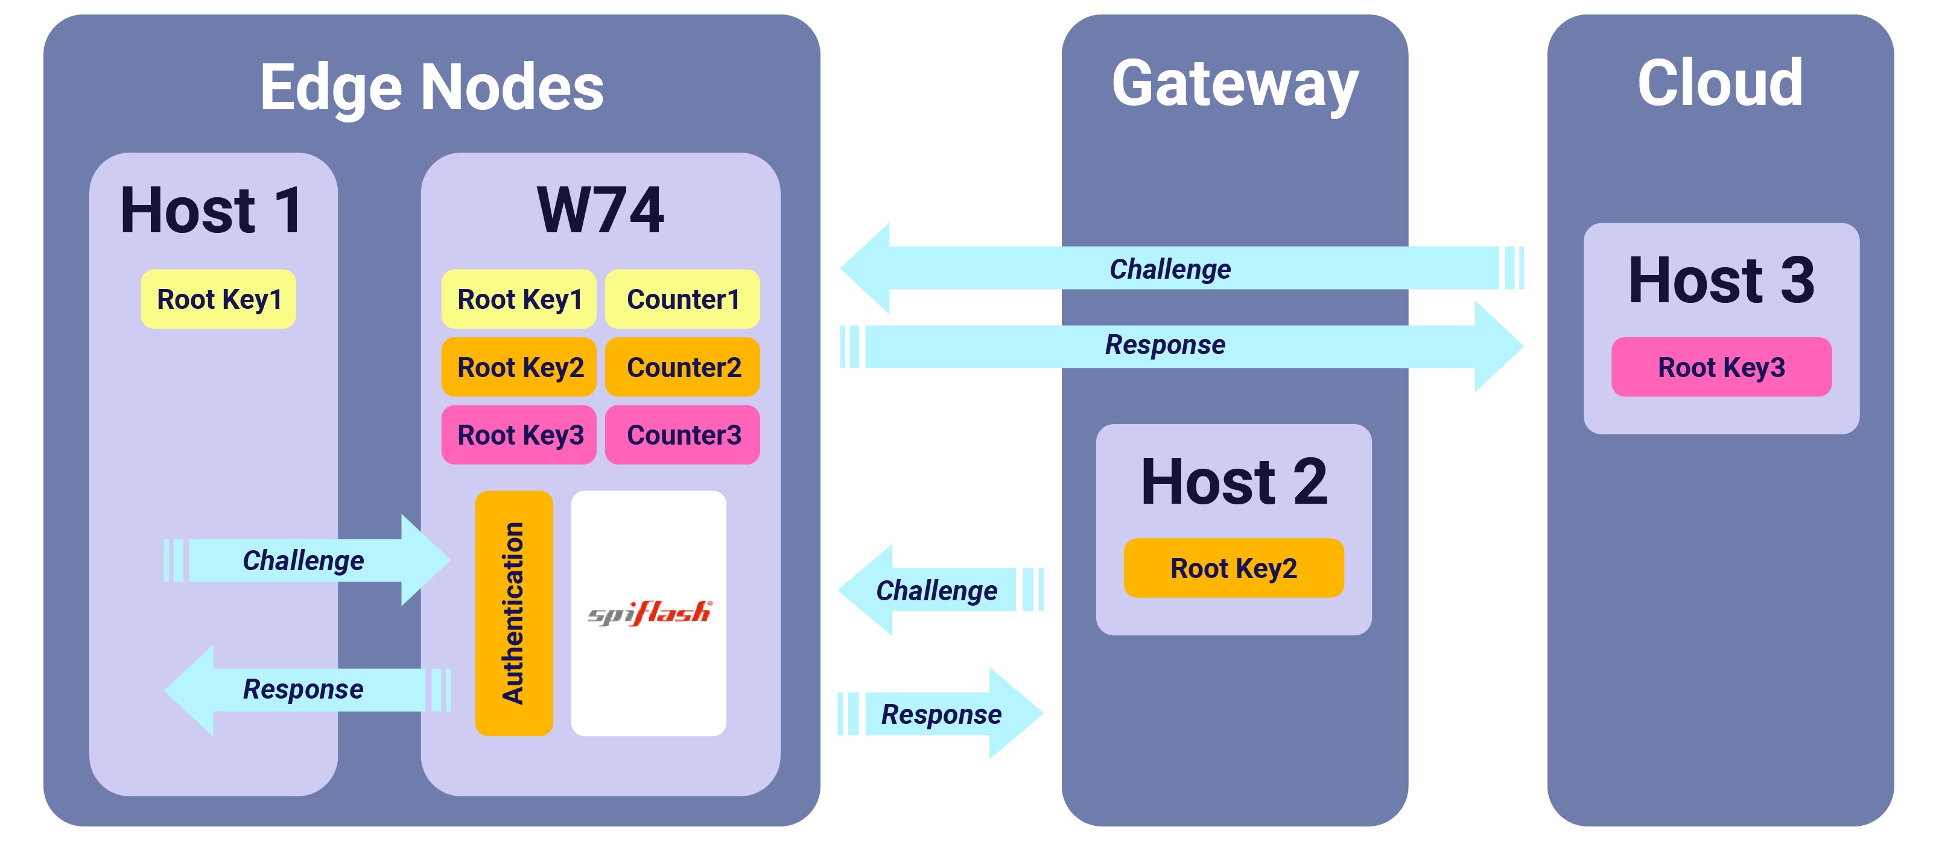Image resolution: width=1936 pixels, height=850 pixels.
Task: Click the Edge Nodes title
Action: tap(431, 87)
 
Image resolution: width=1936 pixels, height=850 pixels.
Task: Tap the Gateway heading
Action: tap(1235, 84)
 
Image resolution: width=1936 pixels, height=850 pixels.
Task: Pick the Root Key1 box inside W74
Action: tap(519, 299)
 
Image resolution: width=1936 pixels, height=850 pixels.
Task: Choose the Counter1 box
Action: tap(682, 299)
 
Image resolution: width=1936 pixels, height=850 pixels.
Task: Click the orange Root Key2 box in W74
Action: tap(519, 367)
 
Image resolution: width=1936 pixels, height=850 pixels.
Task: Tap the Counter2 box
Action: tap(682, 367)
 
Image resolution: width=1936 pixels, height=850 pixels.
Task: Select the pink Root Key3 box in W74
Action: tap(519, 434)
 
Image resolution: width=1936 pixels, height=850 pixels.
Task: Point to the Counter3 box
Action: tap(682, 434)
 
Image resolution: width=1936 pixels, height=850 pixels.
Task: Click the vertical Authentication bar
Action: tap(514, 612)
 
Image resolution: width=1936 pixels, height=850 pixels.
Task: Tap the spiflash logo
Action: tap(649, 612)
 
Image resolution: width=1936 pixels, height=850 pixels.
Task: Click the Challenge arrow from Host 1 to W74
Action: tap(305, 560)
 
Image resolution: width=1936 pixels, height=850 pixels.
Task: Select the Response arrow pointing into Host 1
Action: tap(305, 689)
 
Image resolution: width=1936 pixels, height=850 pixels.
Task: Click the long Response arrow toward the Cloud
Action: tap(1165, 346)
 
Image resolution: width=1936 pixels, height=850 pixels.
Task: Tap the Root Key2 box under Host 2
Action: tap(1233, 568)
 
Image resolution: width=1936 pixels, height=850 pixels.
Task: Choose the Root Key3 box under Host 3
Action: tap(1721, 367)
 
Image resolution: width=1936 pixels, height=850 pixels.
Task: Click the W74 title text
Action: tap(600, 211)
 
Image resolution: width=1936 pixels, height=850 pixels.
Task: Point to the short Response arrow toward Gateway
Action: tap(941, 714)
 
